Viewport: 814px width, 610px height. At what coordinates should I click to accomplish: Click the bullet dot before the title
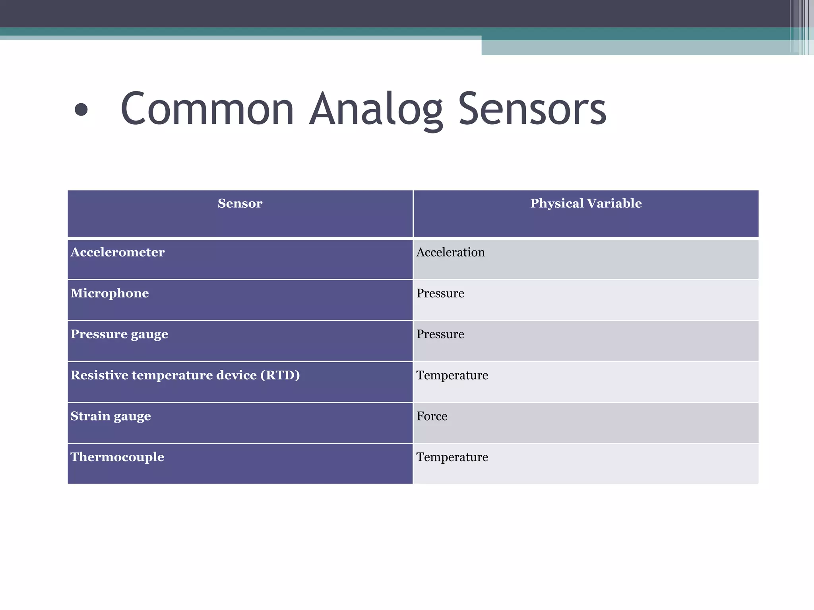pos(81,110)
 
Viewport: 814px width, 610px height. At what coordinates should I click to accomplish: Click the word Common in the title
pos(207,109)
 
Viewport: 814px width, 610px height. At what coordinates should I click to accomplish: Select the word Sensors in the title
pos(532,109)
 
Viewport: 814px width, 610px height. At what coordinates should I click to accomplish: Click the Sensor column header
pos(240,203)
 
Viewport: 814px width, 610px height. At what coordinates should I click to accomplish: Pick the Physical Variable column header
pos(586,203)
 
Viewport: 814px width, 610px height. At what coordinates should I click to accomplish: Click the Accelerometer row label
pos(118,252)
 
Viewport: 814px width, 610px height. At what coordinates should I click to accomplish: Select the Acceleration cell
pos(450,252)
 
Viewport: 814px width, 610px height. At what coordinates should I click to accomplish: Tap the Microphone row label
pos(110,293)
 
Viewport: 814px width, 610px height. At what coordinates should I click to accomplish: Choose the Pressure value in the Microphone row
pos(440,293)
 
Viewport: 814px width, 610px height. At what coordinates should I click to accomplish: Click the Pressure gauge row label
pos(119,334)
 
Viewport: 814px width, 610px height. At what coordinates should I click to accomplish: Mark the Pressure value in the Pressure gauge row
pos(440,334)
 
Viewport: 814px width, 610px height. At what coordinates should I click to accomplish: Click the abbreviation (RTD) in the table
pos(280,375)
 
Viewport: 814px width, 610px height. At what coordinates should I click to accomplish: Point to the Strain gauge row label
pos(110,416)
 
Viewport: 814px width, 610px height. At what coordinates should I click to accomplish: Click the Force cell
pos(432,416)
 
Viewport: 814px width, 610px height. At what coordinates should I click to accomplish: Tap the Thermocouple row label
pos(117,457)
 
